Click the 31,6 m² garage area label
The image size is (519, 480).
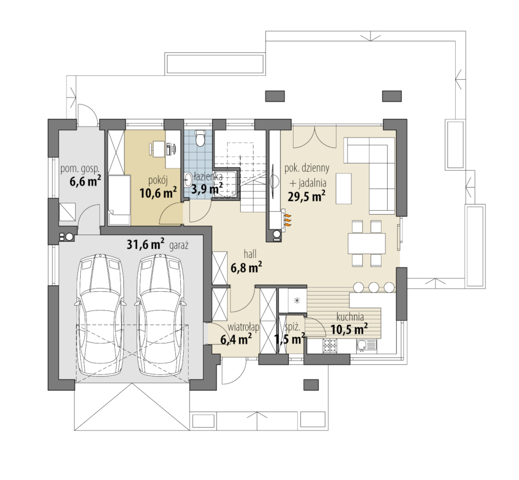pos(145,244)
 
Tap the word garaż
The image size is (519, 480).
pos(179,246)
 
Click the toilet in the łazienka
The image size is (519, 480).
pos(200,138)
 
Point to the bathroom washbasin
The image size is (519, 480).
pos(187,179)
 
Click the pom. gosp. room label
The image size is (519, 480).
pos(80,169)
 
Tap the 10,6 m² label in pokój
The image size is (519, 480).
pos(158,192)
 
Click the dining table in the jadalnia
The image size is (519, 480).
pos(366,243)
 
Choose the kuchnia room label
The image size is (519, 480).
pos(350,317)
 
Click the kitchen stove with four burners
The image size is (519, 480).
pos(330,346)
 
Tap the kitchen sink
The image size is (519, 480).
pos(366,346)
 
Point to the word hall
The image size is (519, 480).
pos(250,254)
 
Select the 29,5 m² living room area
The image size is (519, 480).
pos(306,197)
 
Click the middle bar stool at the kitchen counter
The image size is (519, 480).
pos(374,287)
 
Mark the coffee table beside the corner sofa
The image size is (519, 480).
pos(344,188)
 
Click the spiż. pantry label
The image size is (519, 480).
pos(292,328)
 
